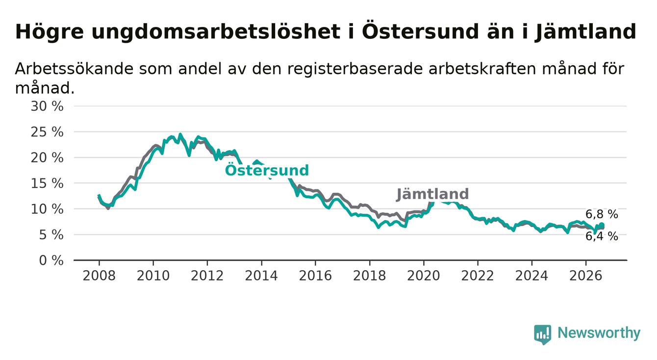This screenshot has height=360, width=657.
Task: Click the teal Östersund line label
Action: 267,170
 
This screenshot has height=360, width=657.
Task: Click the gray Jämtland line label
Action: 432,194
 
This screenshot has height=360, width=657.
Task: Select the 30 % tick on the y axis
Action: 47,106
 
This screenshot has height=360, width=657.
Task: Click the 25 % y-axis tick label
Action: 47,132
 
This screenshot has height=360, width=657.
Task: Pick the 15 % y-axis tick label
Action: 47,183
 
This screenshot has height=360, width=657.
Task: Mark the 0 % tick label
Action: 51,260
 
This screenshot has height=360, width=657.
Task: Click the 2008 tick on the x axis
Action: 99,276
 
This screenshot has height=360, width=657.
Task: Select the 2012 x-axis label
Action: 207,276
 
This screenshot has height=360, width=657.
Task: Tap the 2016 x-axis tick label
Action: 315,276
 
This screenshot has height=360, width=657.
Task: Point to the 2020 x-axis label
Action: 424,276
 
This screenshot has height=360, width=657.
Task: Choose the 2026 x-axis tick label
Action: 586,276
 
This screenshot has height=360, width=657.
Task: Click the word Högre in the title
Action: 50,32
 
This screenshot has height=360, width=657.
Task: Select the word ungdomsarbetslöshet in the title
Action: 216,32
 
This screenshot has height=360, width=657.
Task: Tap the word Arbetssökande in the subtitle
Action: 74,69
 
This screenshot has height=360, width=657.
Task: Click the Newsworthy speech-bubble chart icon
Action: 543,334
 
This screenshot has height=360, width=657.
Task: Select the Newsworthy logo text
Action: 599,333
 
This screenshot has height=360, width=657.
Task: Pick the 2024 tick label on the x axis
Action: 532,276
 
